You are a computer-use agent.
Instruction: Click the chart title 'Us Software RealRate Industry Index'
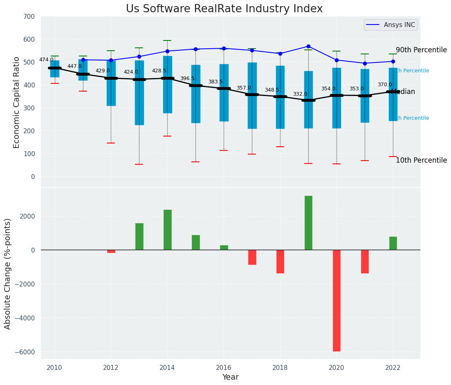point(224,9)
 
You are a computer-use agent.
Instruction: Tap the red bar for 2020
point(337,300)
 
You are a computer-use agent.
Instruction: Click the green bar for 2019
point(308,223)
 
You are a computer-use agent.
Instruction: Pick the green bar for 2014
point(167,230)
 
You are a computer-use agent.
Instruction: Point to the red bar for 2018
point(280,262)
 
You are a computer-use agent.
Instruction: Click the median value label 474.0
point(46,60)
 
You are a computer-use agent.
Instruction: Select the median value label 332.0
point(300,94)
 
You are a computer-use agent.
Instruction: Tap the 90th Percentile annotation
point(421,50)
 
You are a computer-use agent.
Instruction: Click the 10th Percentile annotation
point(421,160)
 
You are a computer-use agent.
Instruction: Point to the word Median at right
point(403,92)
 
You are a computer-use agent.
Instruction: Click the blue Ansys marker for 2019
point(308,46)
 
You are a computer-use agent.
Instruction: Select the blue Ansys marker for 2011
point(83,60)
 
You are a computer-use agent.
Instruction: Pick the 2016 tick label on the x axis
point(224,368)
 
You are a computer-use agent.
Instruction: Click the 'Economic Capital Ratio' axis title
point(17,103)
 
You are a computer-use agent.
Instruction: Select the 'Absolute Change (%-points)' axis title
point(8,273)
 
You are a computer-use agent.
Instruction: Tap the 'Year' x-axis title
point(231,377)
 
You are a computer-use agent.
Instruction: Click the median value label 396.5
point(187,78)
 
